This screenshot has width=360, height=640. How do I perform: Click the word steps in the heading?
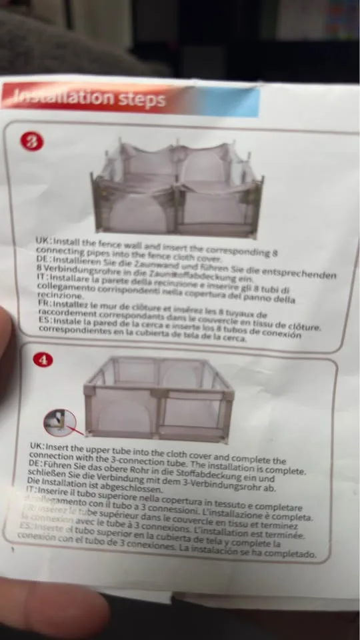click(141, 99)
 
